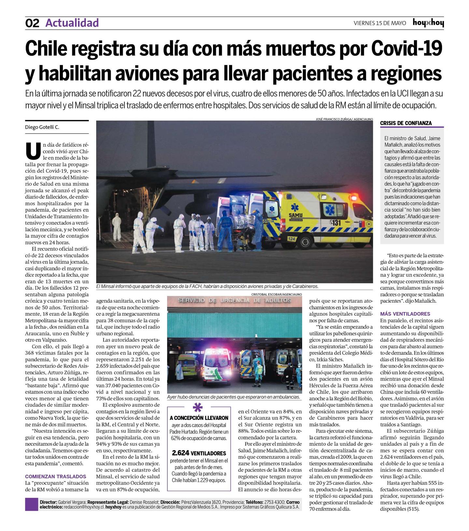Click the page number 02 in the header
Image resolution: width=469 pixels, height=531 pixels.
coord(32,23)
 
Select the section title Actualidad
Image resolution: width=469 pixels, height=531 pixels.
coord(72,23)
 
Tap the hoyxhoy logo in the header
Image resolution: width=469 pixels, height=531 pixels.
coord(428,23)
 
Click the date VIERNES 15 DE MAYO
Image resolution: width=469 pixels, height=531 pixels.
coord(380,23)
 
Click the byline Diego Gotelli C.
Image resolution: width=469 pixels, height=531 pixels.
coord(42,127)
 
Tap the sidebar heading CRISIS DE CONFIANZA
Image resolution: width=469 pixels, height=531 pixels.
coord(406,123)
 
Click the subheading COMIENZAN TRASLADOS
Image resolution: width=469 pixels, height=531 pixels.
coord(56,476)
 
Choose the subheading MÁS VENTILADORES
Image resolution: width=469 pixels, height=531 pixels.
coord(405,314)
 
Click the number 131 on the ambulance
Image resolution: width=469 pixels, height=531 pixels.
coord(335,223)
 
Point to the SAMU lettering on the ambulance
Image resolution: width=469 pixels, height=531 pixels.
coord(295,215)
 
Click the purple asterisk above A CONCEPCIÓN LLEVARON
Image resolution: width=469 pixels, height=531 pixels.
coord(197,408)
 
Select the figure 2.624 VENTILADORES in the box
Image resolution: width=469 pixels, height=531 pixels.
coord(199,453)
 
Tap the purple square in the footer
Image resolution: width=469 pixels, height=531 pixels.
coord(32,504)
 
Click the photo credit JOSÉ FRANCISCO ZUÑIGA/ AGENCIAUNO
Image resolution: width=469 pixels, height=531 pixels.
coord(344,119)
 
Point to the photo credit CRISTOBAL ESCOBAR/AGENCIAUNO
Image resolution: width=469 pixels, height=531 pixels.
coord(277,294)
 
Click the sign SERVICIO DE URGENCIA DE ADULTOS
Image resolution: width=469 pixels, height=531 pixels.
coord(234,300)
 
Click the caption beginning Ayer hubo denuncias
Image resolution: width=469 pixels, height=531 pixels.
coord(233,397)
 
